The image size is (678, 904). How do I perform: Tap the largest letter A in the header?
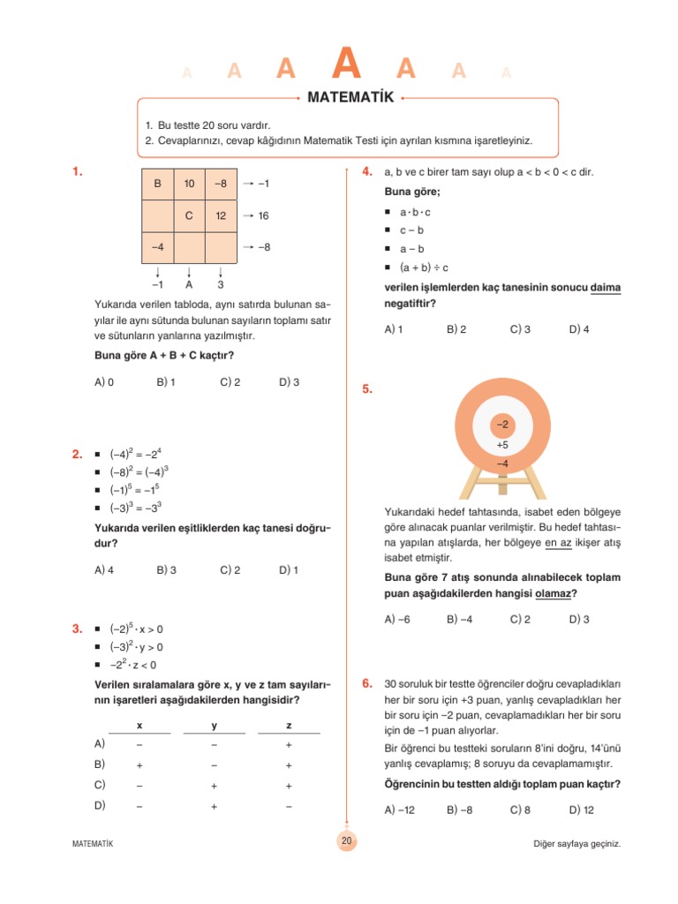349,64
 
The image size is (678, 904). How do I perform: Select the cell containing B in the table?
157,184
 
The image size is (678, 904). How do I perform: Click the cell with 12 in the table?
220,215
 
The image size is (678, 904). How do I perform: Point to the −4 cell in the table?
157,247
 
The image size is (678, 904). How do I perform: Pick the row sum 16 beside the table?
263,215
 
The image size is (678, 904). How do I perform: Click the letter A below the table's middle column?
189,285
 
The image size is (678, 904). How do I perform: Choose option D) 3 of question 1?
289,382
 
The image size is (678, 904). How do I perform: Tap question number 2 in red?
78,455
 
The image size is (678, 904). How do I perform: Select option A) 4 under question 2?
104,570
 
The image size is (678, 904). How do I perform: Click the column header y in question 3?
214,726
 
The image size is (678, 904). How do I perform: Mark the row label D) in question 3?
100,805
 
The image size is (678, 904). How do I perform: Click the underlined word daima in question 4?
606,288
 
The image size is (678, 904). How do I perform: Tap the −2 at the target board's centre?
501,426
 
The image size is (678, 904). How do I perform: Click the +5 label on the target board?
501,445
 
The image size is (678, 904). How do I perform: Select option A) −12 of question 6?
399,810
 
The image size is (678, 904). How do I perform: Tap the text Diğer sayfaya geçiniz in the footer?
577,843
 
